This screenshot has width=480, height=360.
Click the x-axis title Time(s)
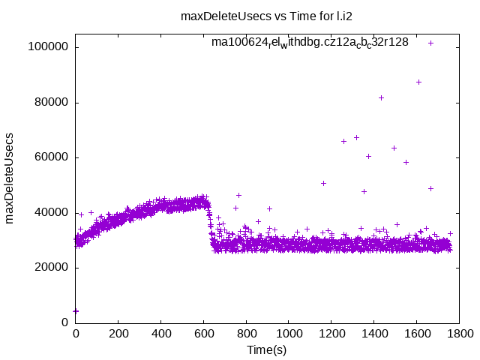[x=267, y=349]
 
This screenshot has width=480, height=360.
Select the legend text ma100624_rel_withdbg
[x=310, y=42]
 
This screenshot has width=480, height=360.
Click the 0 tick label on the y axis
[x=65, y=322]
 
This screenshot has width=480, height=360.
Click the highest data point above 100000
[x=430, y=43]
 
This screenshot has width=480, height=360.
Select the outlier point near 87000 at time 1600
[x=418, y=82]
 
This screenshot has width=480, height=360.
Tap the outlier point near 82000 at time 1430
[x=381, y=97]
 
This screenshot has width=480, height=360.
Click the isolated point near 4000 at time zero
[x=76, y=310]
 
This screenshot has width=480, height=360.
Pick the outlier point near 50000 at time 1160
[x=323, y=183]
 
